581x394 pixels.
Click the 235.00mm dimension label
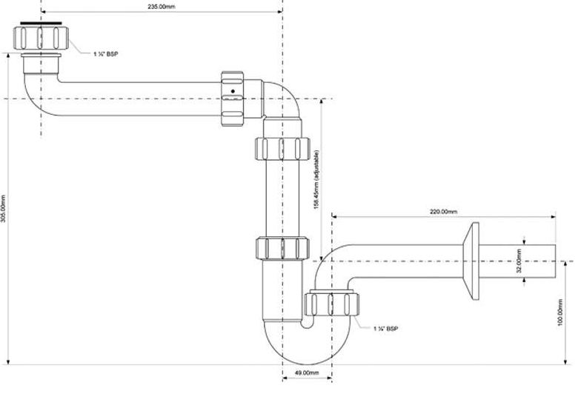click(162, 7)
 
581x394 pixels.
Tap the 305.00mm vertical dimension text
click(3, 209)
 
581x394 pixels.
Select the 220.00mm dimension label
click(443, 212)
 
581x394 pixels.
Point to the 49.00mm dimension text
click(307, 373)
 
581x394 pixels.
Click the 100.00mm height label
click(560, 313)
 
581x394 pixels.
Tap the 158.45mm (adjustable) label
click(316, 179)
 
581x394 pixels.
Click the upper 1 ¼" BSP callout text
click(105, 54)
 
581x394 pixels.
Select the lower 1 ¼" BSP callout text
click(385, 329)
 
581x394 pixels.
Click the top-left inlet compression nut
click(41, 39)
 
